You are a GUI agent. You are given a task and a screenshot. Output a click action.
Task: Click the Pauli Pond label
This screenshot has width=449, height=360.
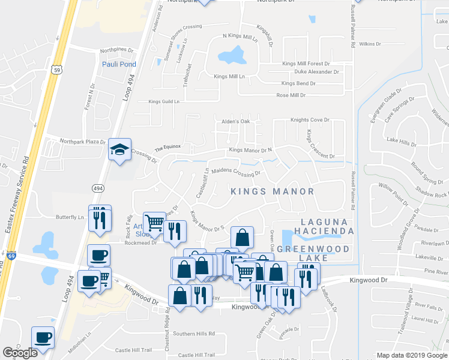pos(119,64)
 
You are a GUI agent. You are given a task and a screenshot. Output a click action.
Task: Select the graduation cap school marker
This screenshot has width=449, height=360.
pos(119,150)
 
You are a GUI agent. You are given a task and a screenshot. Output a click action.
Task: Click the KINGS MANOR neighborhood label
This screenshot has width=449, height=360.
pos(273,191)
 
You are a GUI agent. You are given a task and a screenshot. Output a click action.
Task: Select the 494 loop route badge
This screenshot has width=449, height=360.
pos(98,188)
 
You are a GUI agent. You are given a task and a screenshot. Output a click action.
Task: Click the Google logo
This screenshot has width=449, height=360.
pos(20,352)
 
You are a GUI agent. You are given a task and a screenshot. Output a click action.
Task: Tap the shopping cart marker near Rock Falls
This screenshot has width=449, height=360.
pos(154,223)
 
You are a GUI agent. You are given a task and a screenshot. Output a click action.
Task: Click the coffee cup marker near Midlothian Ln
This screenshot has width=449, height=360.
pos(43,337)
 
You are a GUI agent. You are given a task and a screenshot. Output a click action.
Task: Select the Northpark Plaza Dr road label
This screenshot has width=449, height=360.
pos(83,142)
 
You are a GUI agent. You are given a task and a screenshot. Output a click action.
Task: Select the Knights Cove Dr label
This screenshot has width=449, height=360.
pos(310,120)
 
